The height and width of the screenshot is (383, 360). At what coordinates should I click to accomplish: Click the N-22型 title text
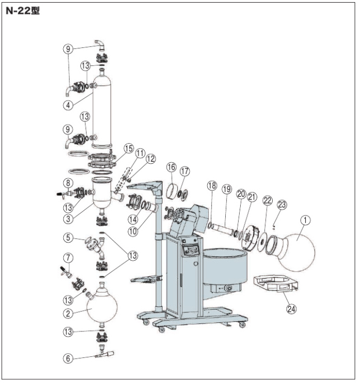pos(22,11)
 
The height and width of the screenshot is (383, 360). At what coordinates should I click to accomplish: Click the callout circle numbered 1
pos(306,220)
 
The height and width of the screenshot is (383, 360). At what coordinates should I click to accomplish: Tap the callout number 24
pos(291,309)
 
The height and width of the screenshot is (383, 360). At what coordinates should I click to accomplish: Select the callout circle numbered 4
pos(68,105)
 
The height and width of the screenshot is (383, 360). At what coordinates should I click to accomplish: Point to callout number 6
pos(68,359)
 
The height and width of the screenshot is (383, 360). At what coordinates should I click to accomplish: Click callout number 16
pos(171,167)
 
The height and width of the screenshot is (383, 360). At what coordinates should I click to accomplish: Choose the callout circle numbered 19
pos(227,189)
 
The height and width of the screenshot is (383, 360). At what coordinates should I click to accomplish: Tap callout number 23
pos(282,204)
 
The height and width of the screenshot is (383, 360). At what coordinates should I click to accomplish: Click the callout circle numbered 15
pos(129,148)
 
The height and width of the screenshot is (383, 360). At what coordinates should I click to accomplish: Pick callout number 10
pos(133,231)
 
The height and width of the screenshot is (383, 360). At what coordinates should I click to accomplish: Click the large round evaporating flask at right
pos(296,252)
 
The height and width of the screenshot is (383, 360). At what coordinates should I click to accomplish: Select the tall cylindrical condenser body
pos(102,111)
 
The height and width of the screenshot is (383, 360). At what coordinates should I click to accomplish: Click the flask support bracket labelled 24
pos(276,284)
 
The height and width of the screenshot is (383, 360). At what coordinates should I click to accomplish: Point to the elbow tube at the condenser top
pos(101,46)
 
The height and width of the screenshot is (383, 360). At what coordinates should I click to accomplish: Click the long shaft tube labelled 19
pos(223,230)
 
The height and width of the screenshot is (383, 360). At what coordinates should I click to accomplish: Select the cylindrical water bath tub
pos(225,267)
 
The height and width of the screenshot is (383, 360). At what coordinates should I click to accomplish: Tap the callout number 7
pos(68,257)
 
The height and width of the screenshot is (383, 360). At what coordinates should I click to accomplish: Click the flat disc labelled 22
pos(263,242)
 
